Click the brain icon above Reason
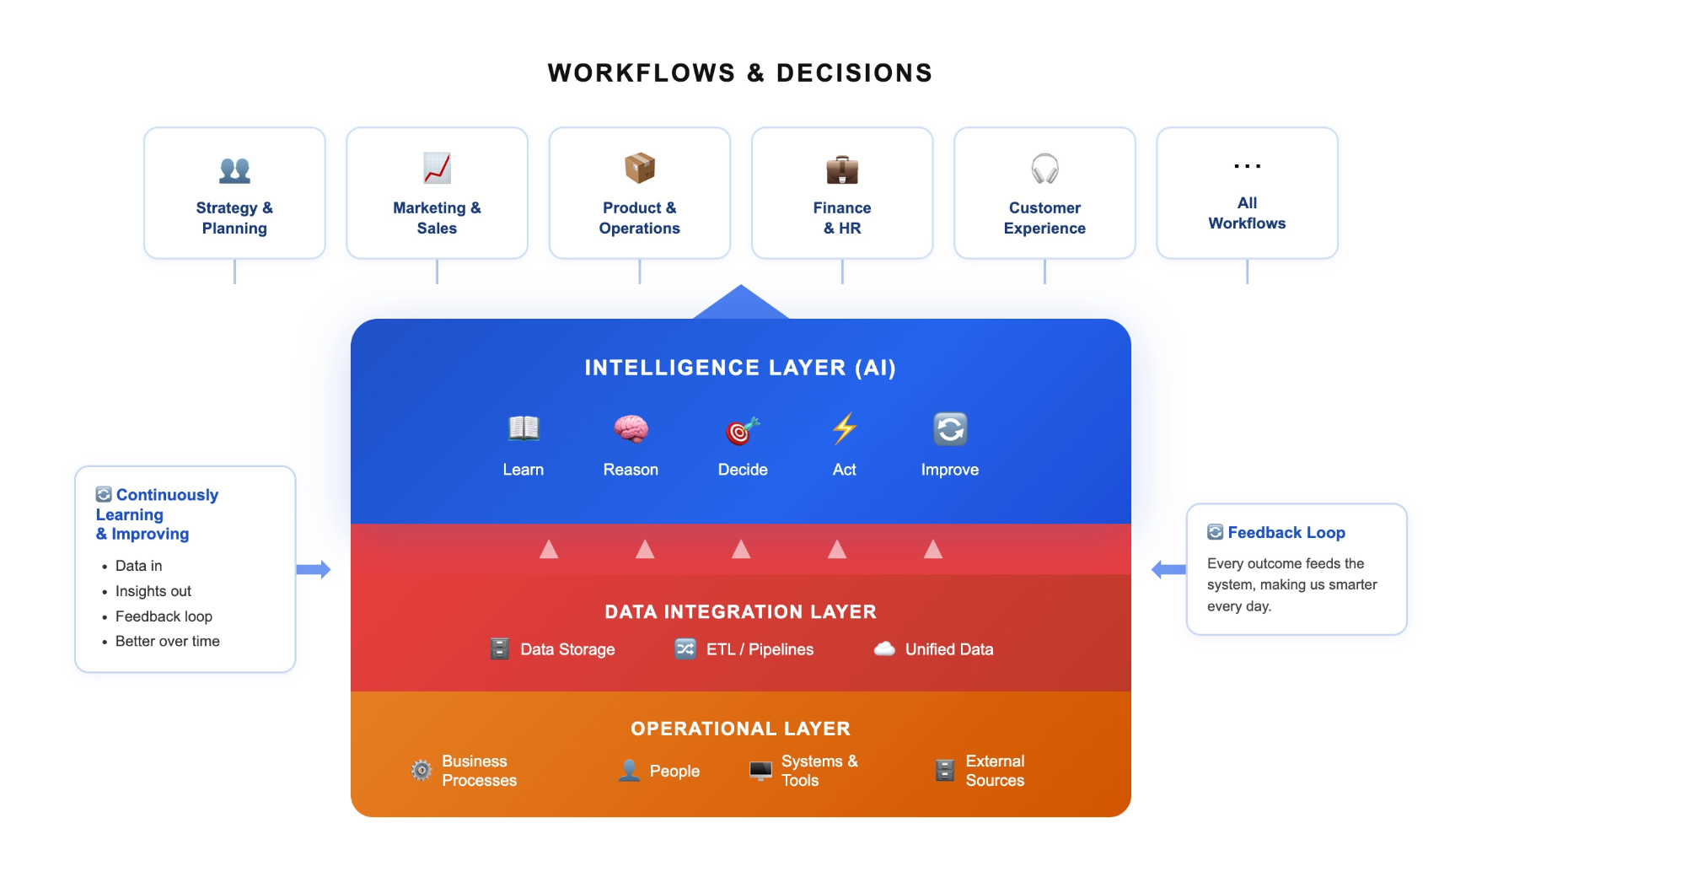[631, 429]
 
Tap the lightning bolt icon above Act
[844, 428]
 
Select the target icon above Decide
[742, 430]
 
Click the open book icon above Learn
[524, 428]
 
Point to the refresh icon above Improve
[950, 429]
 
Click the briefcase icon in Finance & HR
[842, 169]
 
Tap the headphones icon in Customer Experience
[1044, 169]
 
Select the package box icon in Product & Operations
[640, 168]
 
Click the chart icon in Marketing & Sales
[437, 168]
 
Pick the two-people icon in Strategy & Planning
[234, 170]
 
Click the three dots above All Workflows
[1247, 166]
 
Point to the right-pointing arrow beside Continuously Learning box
[314, 569]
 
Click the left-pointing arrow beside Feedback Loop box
[1168, 569]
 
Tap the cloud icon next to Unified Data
[884, 648]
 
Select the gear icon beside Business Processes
[421, 770]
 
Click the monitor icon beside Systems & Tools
[760, 771]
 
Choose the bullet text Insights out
[153, 591]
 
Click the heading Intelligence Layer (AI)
[740, 368]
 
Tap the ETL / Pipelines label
[760, 649]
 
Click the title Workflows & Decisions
[740, 73]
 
